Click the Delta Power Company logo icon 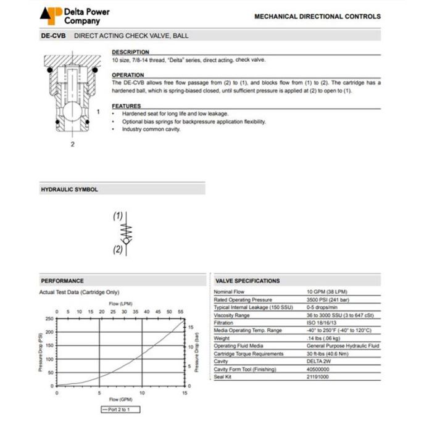pyautogui.click(x=51, y=15)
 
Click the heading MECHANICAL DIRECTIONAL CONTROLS pyautogui.click(x=317, y=17)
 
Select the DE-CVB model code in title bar pyautogui.click(x=54, y=36)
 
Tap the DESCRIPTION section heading pyautogui.click(x=130, y=52)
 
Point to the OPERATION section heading pyautogui.click(x=128, y=75)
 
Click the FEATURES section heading pyautogui.click(x=126, y=106)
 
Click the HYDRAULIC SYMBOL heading pyautogui.click(x=69, y=189)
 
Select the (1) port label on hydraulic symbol pyautogui.click(x=117, y=217)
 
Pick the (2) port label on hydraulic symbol pyautogui.click(x=117, y=250)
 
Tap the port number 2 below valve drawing pyautogui.click(x=72, y=144)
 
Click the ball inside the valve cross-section pyautogui.click(x=73, y=114)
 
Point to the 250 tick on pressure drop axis pyautogui.click(x=49, y=318)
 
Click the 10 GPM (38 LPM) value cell pyautogui.click(x=326, y=291)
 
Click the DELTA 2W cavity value pyautogui.click(x=318, y=362)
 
